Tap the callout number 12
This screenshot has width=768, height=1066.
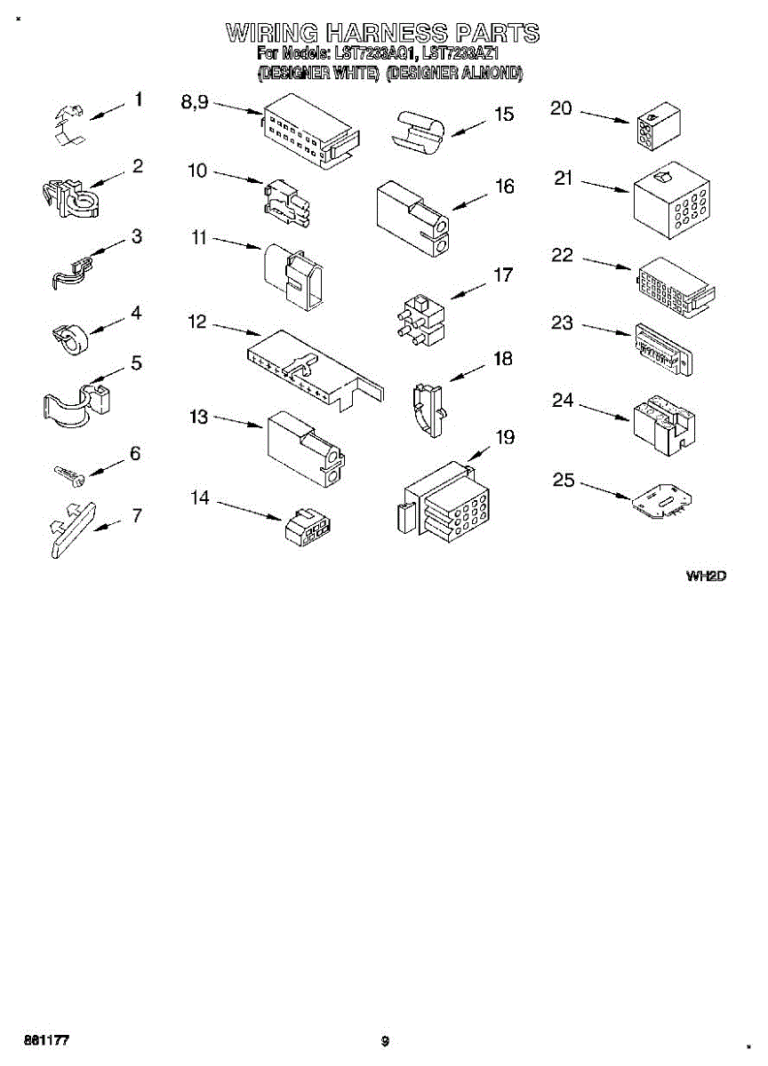[x=197, y=322]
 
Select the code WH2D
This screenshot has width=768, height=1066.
[x=706, y=577]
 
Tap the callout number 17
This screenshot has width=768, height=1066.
[x=503, y=275]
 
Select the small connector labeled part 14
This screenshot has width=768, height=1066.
[x=304, y=528]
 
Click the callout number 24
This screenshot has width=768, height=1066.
[x=563, y=401]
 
